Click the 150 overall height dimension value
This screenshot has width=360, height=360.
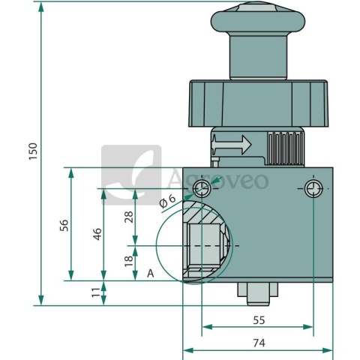click(x=33, y=151)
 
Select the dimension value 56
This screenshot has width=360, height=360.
click(x=64, y=225)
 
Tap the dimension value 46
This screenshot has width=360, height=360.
click(x=97, y=234)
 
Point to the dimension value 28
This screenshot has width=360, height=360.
click(x=129, y=217)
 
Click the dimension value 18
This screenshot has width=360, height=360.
click(x=129, y=261)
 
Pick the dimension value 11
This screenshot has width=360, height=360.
click(x=95, y=292)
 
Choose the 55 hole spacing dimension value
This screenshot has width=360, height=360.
click(x=259, y=320)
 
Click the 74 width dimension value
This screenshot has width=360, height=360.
click(x=259, y=343)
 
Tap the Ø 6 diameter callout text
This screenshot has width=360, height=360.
click(x=167, y=201)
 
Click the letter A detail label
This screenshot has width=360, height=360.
click(x=150, y=274)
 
